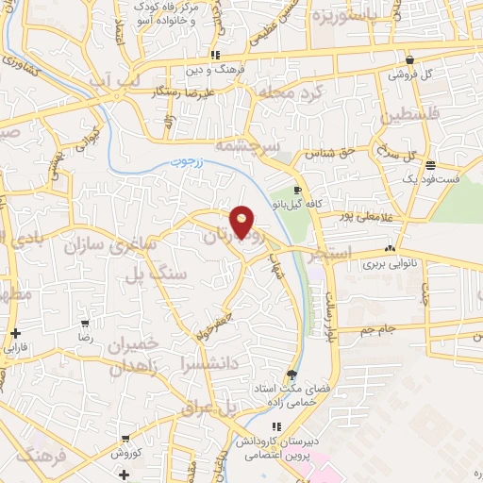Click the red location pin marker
pyautogui.click(x=243, y=223)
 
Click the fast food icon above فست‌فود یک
pyautogui.click(x=429, y=163)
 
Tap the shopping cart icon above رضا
pyautogui.click(x=86, y=322)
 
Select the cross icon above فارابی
pyautogui.click(x=16, y=333)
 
